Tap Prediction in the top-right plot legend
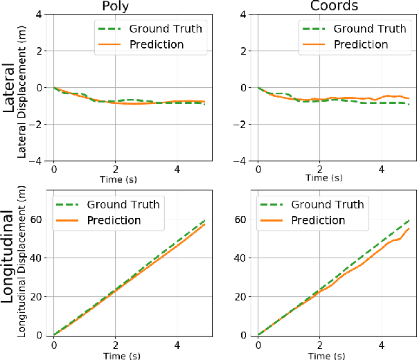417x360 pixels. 362,44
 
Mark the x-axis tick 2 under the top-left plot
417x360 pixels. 116,170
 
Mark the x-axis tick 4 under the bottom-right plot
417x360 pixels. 382,345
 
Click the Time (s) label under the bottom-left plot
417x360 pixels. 116,354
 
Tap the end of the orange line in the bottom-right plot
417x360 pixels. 409,228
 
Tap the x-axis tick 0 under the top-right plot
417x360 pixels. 258,170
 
